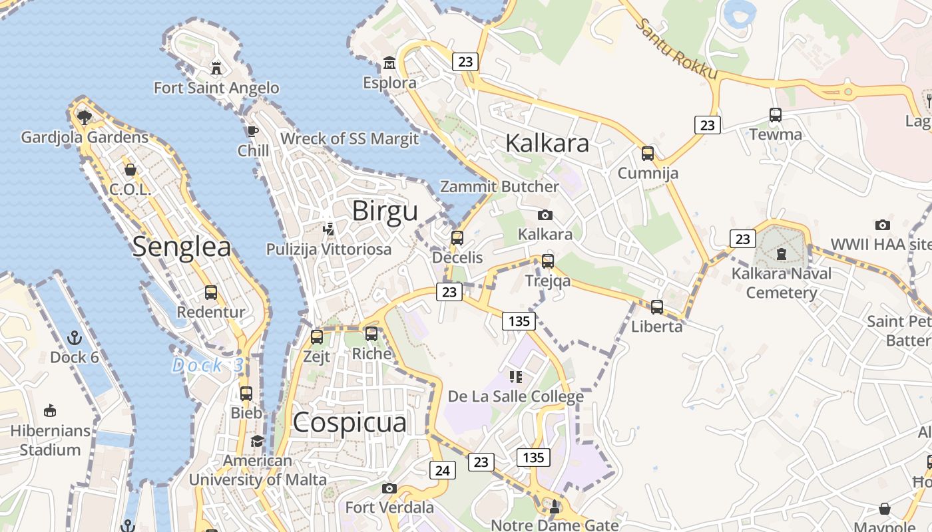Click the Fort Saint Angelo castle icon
point(216,67)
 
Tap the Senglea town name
point(181,247)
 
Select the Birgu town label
point(385,211)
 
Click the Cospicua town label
point(349,423)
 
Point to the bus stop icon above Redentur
point(211,292)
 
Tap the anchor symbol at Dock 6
point(74,338)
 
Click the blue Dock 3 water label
point(208,365)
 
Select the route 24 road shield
point(442,471)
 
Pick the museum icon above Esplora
point(389,64)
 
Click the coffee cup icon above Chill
point(253,131)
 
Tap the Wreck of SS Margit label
point(349,139)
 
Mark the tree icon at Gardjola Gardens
point(84,118)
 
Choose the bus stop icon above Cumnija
point(648,154)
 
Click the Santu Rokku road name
point(676,49)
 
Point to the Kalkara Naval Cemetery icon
point(782,253)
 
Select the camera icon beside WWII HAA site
point(883,225)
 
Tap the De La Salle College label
point(515,397)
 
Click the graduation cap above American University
point(257,441)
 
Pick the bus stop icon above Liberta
point(657,307)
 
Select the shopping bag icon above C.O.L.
point(130,170)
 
